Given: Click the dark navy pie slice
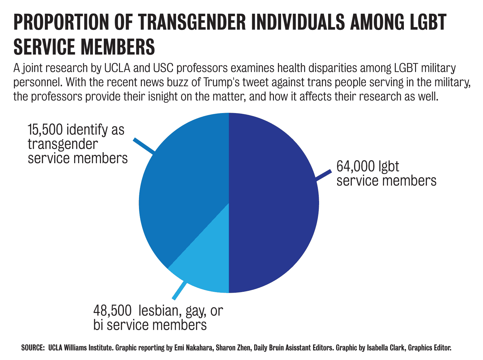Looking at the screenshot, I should click(274, 202).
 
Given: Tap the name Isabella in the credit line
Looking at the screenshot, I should click(379, 348).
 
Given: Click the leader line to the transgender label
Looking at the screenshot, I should click(144, 146).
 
